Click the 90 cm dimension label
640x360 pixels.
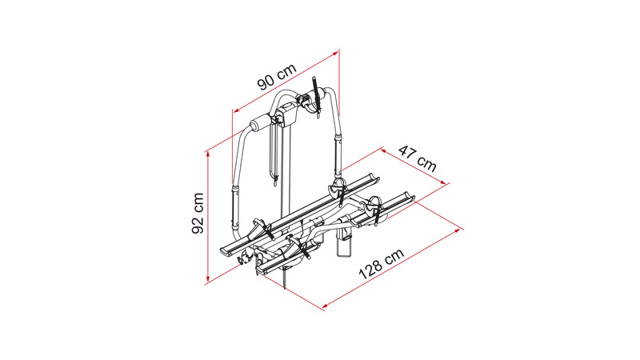277,77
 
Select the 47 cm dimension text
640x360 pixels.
417,158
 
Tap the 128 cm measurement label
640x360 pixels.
382,264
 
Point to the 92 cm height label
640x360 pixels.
198,214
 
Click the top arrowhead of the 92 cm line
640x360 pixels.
208,154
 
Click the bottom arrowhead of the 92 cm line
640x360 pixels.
208,279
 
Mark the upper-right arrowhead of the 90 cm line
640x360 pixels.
335,53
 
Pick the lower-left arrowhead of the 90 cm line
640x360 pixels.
236,110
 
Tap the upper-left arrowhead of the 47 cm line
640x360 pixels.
384,150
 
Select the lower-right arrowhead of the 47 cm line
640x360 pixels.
442,182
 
